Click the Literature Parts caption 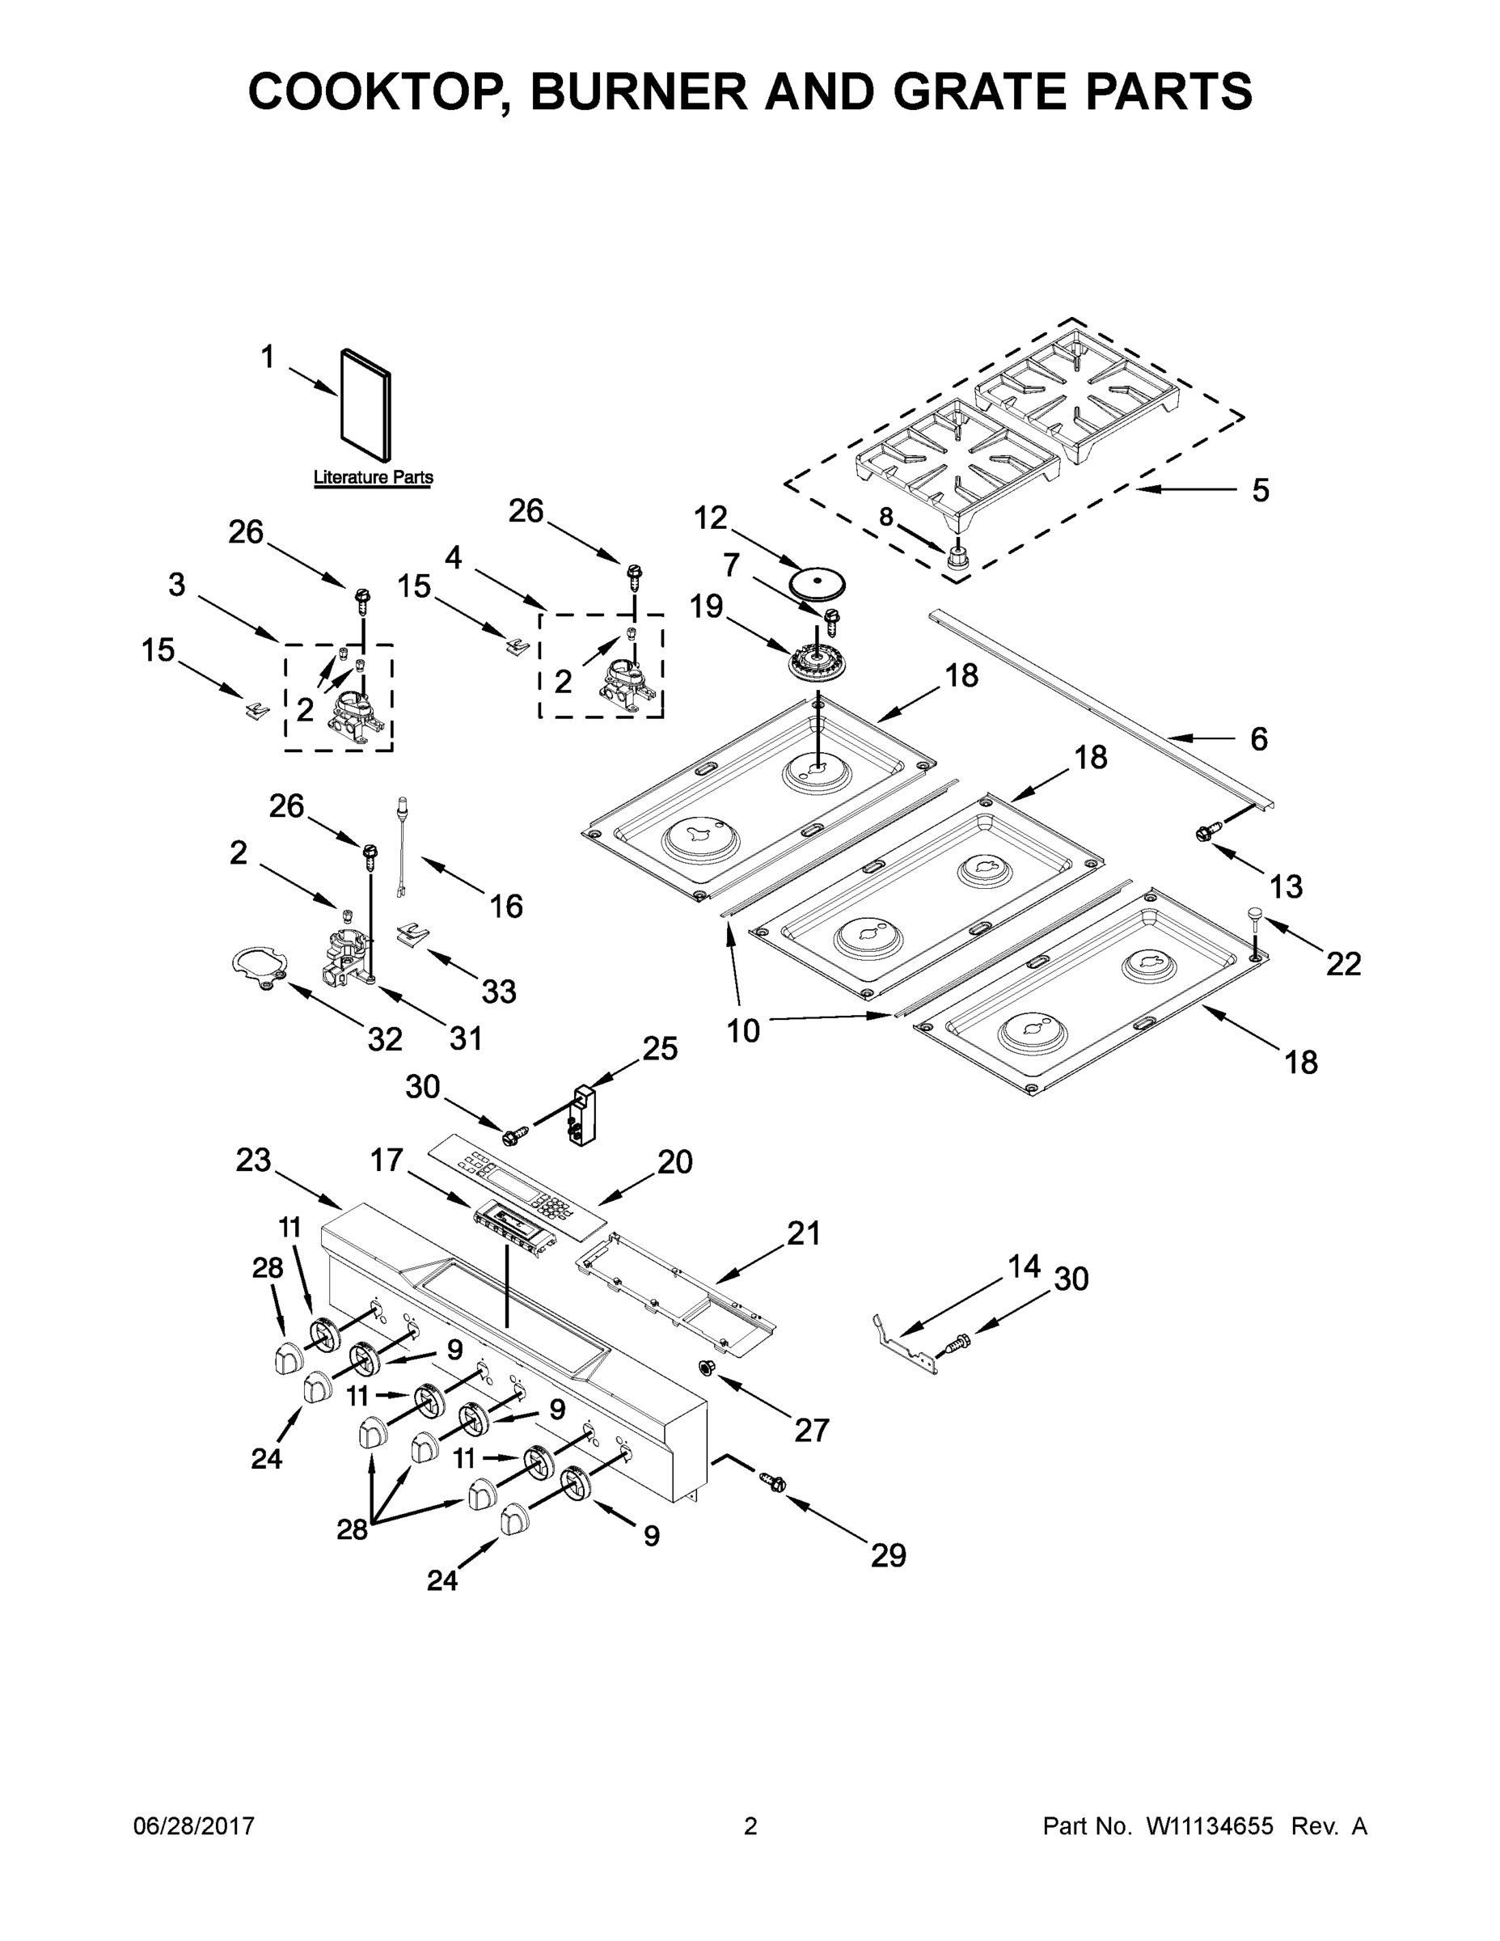(x=374, y=477)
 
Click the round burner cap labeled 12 (x=817, y=584)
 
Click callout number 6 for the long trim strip (x=1258, y=738)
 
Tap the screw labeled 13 (x=1205, y=833)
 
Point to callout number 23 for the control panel (x=253, y=1160)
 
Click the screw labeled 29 (x=772, y=1482)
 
